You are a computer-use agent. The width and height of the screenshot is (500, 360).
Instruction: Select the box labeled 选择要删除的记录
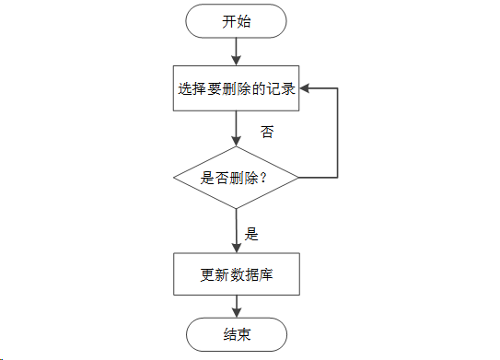(x=237, y=89)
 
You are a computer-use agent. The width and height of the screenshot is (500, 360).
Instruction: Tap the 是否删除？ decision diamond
(x=237, y=177)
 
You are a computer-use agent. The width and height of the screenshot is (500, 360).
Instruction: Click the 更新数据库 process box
(x=237, y=274)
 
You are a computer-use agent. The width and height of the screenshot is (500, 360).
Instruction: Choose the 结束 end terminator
(x=237, y=333)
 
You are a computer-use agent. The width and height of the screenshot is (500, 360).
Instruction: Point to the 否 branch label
(x=267, y=133)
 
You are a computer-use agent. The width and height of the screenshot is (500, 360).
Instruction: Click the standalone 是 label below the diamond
(x=251, y=233)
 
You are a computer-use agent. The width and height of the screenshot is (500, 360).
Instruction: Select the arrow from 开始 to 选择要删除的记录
(x=237, y=52)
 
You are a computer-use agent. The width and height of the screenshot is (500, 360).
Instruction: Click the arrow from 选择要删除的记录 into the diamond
(x=237, y=128)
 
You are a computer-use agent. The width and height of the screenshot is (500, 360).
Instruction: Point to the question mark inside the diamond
(x=263, y=178)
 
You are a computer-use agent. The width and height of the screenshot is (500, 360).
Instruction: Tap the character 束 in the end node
(x=244, y=333)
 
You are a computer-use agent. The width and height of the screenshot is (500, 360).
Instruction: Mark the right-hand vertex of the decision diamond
(x=298, y=177)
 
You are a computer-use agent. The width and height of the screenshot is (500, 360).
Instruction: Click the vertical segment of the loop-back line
(x=339, y=134)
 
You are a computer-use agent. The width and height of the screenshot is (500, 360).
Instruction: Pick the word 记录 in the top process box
(x=281, y=89)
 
